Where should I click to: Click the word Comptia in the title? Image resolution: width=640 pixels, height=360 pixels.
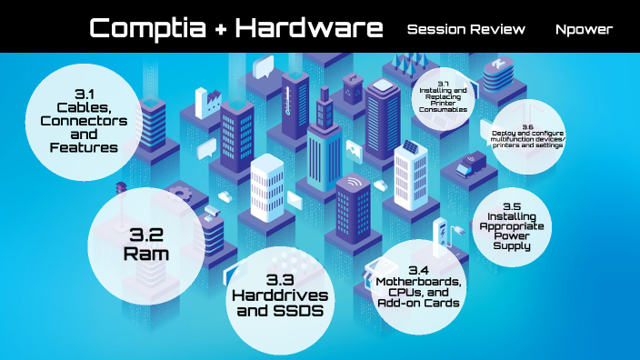145,28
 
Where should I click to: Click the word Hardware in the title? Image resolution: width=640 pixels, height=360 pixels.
309,28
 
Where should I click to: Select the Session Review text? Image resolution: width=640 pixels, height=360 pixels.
466,29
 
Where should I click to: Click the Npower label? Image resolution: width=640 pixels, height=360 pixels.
584,29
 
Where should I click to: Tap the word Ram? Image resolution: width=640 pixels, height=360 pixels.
146,254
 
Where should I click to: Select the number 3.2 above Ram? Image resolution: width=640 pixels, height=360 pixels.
145,235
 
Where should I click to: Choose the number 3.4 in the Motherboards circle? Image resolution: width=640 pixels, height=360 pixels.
419,270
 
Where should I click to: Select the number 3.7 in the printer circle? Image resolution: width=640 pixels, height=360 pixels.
445,84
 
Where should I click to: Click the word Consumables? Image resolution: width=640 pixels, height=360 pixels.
445,109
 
